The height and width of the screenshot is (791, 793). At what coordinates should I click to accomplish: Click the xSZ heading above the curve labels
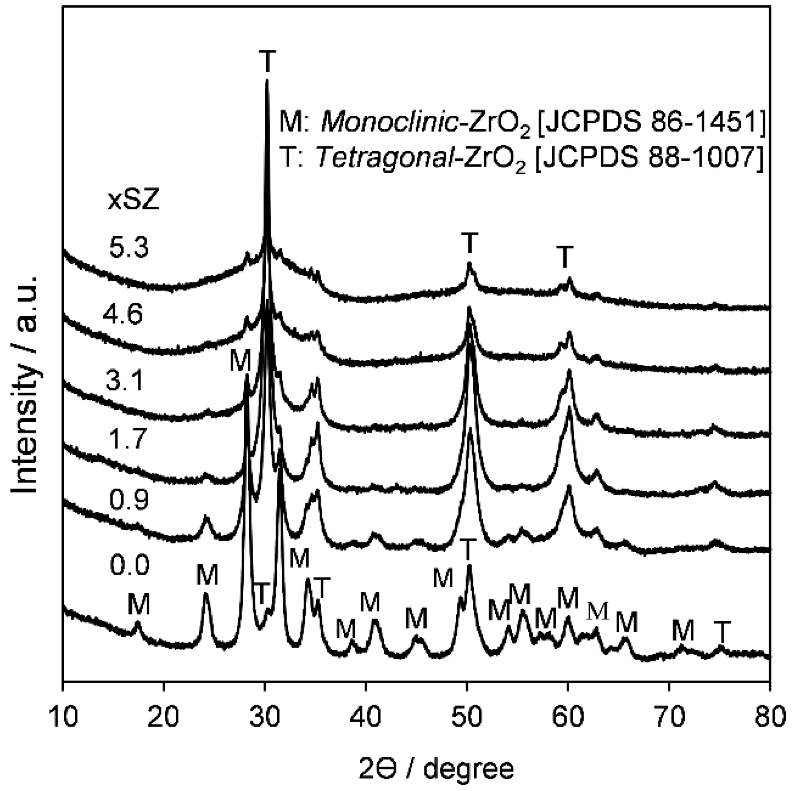pyautogui.click(x=134, y=201)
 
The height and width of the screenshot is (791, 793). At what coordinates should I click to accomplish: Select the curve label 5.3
pyautogui.click(x=129, y=248)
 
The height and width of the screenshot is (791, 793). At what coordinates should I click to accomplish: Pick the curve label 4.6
pyautogui.click(x=123, y=314)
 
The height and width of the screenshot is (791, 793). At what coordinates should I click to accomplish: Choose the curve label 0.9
pyautogui.click(x=129, y=500)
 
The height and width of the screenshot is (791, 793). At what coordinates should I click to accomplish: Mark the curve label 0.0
pyautogui.click(x=129, y=566)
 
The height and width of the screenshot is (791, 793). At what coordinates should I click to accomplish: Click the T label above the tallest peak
pyautogui.click(x=267, y=61)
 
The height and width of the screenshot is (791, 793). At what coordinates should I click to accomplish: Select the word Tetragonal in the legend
pyautogui.click(x=383, y=158)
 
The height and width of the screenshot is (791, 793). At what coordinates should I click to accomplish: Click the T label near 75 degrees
pyautogui.click(x=722, y=632)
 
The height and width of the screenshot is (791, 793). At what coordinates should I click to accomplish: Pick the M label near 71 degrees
pyautogui.click(x=683, y=631)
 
